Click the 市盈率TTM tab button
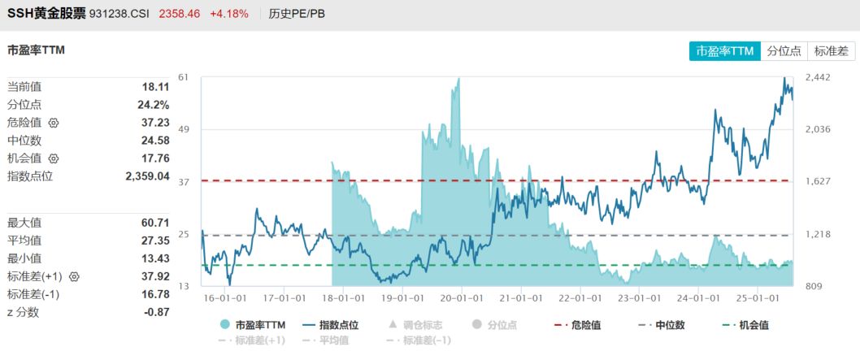pos(725,50)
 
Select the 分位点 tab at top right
pos(784,50)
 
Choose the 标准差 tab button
pos(831,50)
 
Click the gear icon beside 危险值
pos(54,123)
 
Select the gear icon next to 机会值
pos(54,158)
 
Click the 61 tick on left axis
pos(183,77)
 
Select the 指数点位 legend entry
pos(329,325)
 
